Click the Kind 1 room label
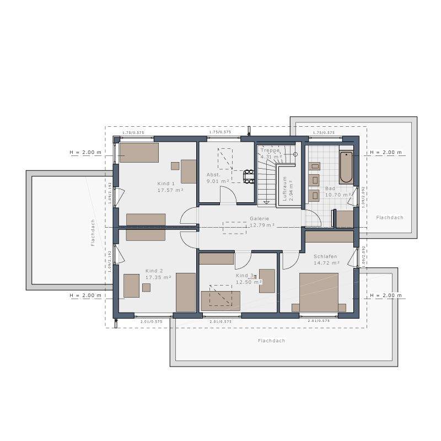[166, 184]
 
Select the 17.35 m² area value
[158, 277]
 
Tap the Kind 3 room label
[244, 275]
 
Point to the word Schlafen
[325, 257]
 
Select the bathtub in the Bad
[346, 167]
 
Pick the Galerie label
[259, 218]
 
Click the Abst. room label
[213, 174]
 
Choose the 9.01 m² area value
[217, 181]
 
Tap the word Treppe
[270, 150]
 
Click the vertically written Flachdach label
[94, 232]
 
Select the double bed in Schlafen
[318, 292]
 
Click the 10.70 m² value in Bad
[338, 195]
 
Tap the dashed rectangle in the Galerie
[235, 228]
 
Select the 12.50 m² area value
[248, 282]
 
